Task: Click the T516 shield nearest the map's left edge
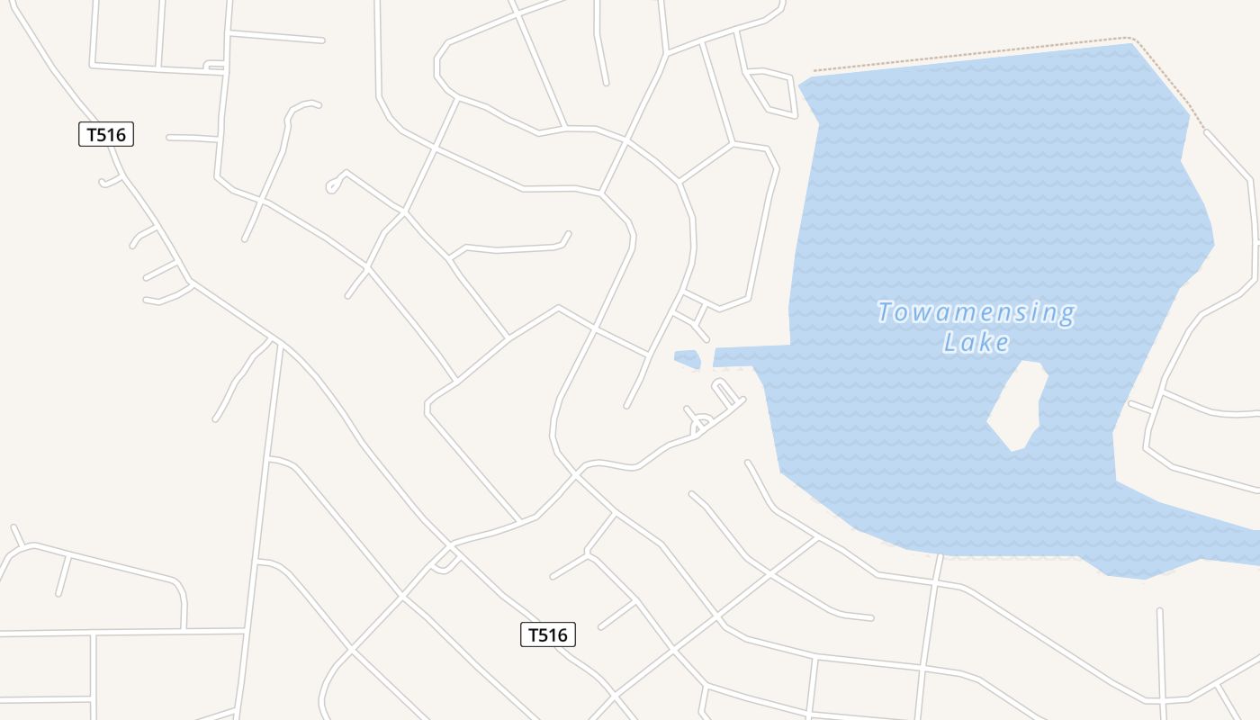[x=106, y=135]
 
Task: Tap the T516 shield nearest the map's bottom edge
[x=547, y=634]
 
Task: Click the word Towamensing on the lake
[x=976, y=312]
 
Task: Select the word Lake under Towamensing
[x=976, y=342]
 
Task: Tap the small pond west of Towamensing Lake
[x=688, y=359]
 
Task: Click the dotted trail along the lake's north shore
[x=972, y=54]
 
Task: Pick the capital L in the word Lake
[x=950, y=342]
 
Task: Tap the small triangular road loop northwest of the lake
[x=771, y=92]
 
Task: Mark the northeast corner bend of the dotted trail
[x=1133, y=39]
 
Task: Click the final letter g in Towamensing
[x=1066, y=314]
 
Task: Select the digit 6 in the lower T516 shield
[x=563, y=634]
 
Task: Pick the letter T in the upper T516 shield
[x=91, y=135]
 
